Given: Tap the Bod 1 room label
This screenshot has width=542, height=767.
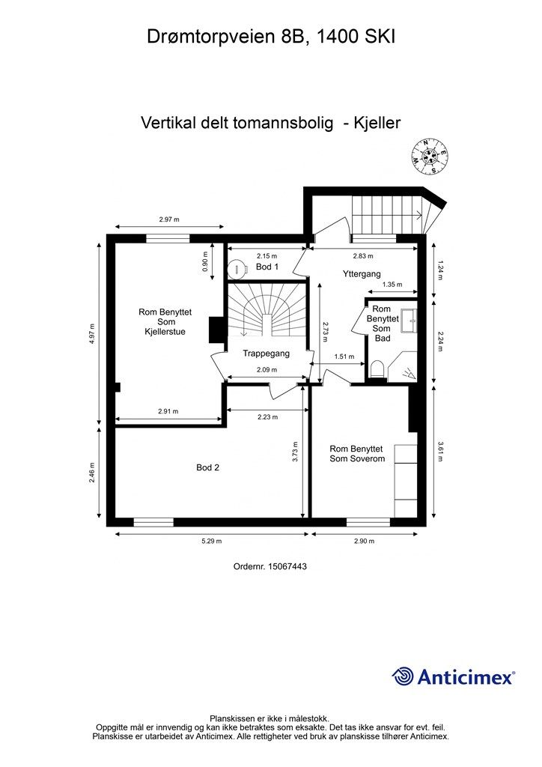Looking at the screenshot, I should pos(267,267).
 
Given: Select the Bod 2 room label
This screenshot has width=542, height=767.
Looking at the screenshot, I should pos(207,467).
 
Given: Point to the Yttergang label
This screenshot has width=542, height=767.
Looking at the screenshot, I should pos(362,274).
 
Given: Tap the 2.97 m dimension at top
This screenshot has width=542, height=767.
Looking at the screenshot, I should pos(169,219).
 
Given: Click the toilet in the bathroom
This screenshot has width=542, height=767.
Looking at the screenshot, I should pos(377,368).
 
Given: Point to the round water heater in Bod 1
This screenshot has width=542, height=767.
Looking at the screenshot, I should pos(238,267).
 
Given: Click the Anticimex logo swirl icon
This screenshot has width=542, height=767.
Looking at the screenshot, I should pos(403,676).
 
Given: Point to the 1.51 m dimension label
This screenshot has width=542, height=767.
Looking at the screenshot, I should pos(344,357).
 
